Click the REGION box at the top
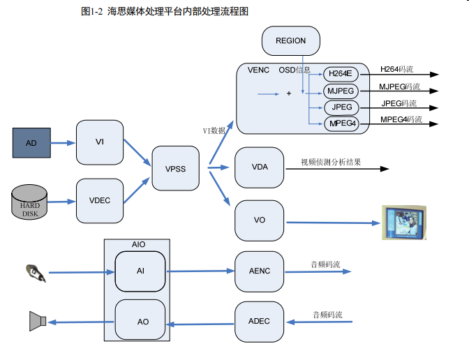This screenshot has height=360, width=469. [x=291, y=41]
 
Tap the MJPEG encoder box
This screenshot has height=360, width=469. [x=341, y=91]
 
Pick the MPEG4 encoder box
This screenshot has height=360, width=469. [x=341, y=124]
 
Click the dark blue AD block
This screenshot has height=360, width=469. [x=32, y=143]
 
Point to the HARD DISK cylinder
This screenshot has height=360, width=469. [x=30, y=202]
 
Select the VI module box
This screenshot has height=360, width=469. [x=100, y=142]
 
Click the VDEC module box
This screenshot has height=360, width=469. [x=100, y=200]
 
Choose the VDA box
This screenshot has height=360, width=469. [x=260, y=167]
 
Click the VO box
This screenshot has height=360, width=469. [x=260, y=220]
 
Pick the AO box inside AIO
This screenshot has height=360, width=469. [x=140, y=322]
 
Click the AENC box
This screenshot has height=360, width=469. [x=260, y=271]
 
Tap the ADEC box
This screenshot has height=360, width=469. [x=260, y=321]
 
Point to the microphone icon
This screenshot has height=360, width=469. [x=35, y=273]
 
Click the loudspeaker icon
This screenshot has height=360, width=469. [x=38, y=321]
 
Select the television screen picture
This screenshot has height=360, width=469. [x=405, y=223]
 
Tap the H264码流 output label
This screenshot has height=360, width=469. [x=396, y=69]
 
